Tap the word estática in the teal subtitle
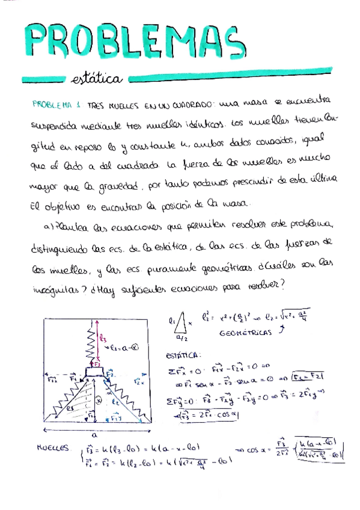click(x=97, y=79)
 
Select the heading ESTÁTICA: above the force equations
click(x=184, y=354)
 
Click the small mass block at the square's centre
click(x=95, y=372)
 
